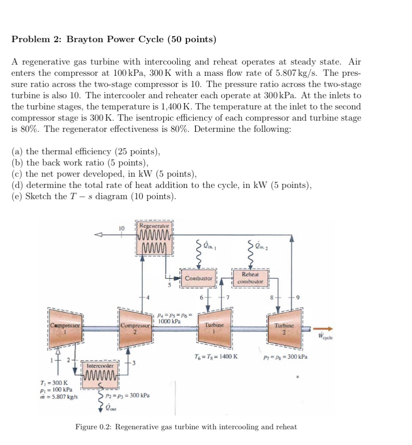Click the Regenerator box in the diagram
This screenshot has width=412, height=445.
tap(154, 238)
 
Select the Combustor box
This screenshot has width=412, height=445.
tap(199, 279)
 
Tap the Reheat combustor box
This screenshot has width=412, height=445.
tap(250, 278)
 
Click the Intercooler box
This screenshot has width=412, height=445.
tap(100, 371)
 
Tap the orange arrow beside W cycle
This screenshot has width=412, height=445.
tap(323, 328)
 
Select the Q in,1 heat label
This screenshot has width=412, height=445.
tap(209, 245)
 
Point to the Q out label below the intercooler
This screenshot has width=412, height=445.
tap(109, 406)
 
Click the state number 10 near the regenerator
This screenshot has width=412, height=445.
tap(121, 228)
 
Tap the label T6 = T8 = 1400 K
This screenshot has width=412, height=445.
tap(216, 357)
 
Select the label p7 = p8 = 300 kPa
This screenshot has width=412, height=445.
tap(286, 357)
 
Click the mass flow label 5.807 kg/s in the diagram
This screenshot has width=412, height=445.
tap(59, 397)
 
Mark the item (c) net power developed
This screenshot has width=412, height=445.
tap(104, 174)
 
